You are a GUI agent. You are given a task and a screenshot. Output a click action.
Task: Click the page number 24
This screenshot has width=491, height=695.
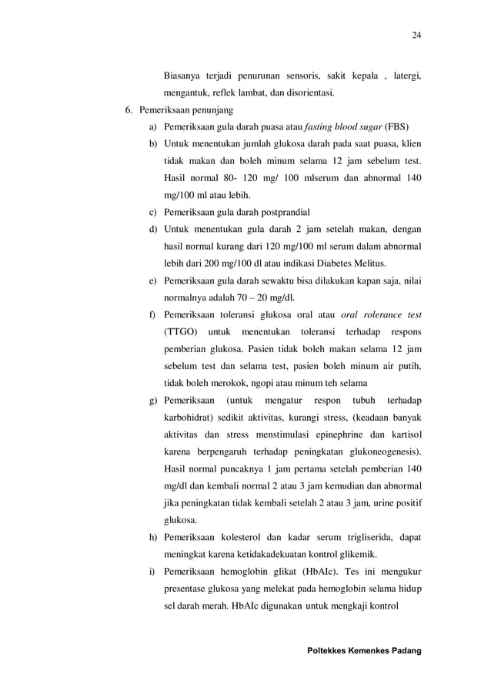tap(416, 35)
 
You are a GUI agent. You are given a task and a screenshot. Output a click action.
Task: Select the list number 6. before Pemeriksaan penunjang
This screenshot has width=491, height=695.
tap(130, 110)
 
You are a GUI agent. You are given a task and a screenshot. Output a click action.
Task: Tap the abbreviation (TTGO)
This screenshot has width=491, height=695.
tap(180, 331)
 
